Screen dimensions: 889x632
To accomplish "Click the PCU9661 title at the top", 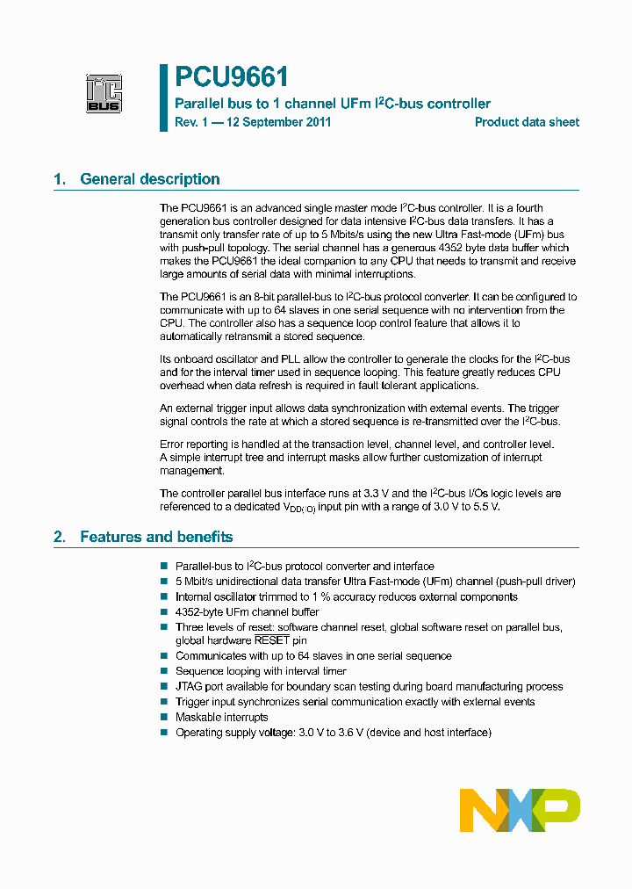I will coord(231,78).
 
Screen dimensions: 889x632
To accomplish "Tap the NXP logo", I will coord(520,810).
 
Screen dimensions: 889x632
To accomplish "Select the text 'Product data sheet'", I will coord(527,122).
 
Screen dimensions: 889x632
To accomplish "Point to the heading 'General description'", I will coord(149,179).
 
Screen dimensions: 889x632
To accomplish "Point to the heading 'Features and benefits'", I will coord(156,537).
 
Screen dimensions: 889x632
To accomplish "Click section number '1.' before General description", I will coord(60,179).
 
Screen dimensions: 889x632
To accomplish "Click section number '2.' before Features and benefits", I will coord(60,537).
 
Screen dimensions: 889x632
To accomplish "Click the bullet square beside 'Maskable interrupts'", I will coord(163,718).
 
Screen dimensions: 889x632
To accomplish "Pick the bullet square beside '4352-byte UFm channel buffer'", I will coord(163,612).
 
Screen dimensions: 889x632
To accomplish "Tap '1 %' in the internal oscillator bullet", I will coord(330,597).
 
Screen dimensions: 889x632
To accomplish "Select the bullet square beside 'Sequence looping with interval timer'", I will coord(163,671).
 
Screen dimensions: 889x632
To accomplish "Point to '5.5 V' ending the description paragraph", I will coord(484,507).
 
